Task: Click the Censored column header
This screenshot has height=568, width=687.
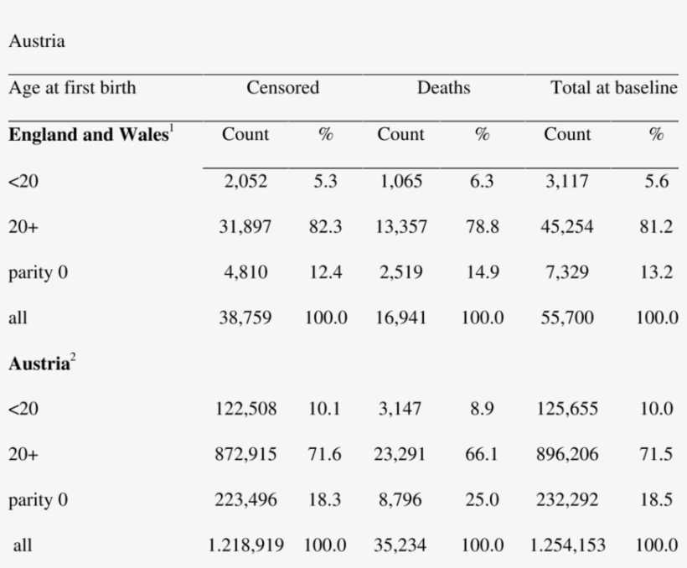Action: (282, 88)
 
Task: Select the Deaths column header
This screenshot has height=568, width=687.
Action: (443, 88)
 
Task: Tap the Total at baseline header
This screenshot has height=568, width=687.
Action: (613, 88)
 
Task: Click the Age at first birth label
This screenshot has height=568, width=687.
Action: (72, 88)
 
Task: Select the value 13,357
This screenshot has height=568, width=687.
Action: (401, 227)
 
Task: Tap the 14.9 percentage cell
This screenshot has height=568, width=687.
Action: (483, 272)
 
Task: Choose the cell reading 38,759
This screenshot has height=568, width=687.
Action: (245, 318)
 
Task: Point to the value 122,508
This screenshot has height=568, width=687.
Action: (245, 409)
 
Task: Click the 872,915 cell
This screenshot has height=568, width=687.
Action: (245, 454)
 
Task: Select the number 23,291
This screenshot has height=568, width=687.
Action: (400, 454)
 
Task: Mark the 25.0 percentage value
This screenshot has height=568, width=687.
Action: (483, 500)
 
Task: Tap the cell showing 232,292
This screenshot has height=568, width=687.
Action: (567, 500)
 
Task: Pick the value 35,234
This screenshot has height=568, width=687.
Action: (400, 545)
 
